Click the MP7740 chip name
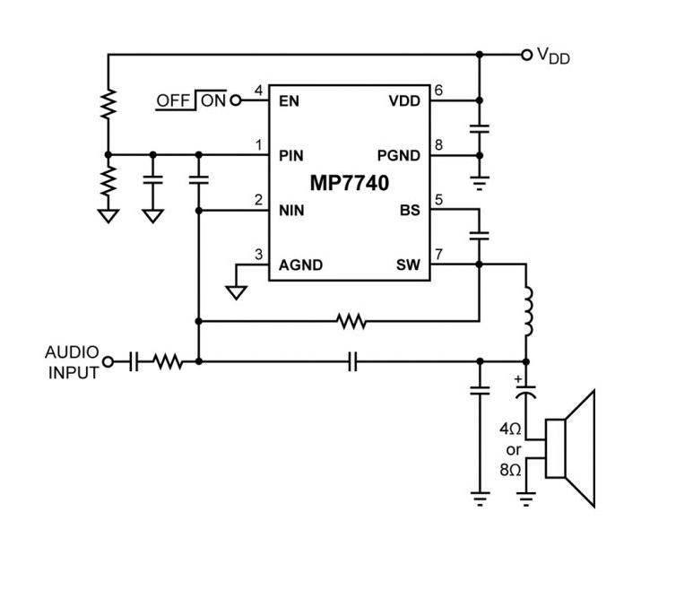pos(350,184)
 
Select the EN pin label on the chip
pos(289,100)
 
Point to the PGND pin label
pos(398,155)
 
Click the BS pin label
pos(410,211)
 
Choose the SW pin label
pos(408,265)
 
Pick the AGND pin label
pos(300,265)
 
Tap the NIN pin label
pos(291,211)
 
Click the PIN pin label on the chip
pos(291,155)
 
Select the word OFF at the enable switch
pos(173,100)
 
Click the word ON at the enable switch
pos(213,100)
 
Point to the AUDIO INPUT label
pos(73,362)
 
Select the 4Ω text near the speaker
pos(511,429)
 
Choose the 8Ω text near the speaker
pos(511,469)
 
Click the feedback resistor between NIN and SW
pos(351,320)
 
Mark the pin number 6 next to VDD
pos(438,91)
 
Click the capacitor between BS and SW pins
pos(480,236)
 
